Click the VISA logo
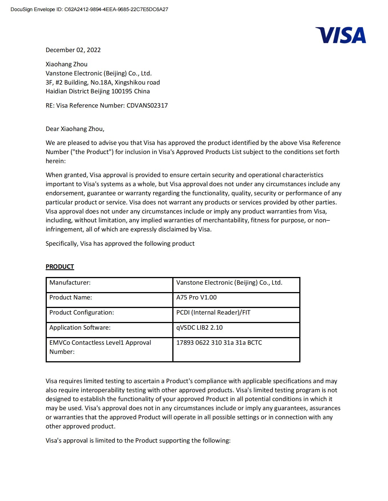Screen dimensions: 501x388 340,35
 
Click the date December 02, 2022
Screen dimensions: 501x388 73,50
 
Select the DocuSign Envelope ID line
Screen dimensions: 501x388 89,9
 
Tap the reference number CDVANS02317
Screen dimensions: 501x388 147,106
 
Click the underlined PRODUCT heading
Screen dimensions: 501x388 60,267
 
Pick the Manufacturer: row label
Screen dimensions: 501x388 70,283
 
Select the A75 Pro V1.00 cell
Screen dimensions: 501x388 196,297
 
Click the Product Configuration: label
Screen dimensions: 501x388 82,313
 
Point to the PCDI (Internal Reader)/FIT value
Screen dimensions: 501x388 213,313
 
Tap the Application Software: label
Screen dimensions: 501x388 80,328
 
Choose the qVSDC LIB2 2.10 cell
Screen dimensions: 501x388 199,328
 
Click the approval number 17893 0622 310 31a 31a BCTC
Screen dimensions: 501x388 219,343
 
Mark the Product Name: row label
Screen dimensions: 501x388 70,297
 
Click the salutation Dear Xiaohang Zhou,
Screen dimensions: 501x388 75,129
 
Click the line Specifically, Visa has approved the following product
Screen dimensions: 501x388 120,244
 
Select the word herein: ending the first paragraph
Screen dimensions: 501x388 56,161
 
